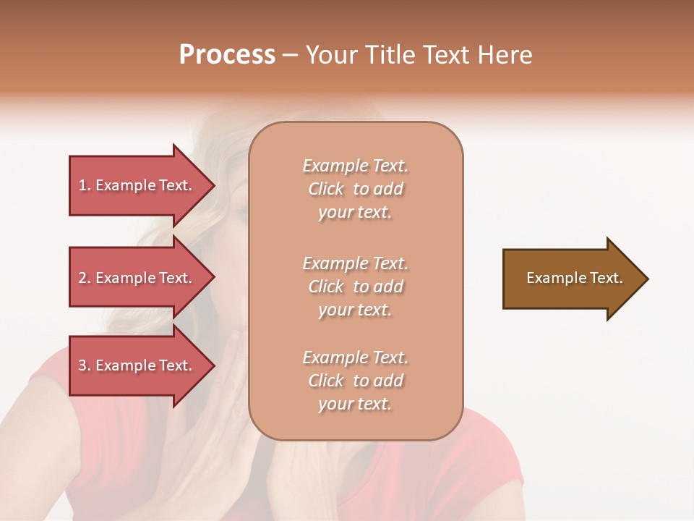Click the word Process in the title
click(227, 55)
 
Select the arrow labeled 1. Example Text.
click(137, 185)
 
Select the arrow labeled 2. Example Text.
click(137, 278)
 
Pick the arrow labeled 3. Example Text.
click(137, 365)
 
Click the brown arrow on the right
click(571, 279)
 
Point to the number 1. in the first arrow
click(85, 185)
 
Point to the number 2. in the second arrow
click(85, 278)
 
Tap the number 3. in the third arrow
click(85, 365)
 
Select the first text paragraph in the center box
click(355, 189)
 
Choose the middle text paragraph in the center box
click(355, 287)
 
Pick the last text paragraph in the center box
click(355, 381)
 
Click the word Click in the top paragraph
click(326, 189)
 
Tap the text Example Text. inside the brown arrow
click(574, 278)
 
